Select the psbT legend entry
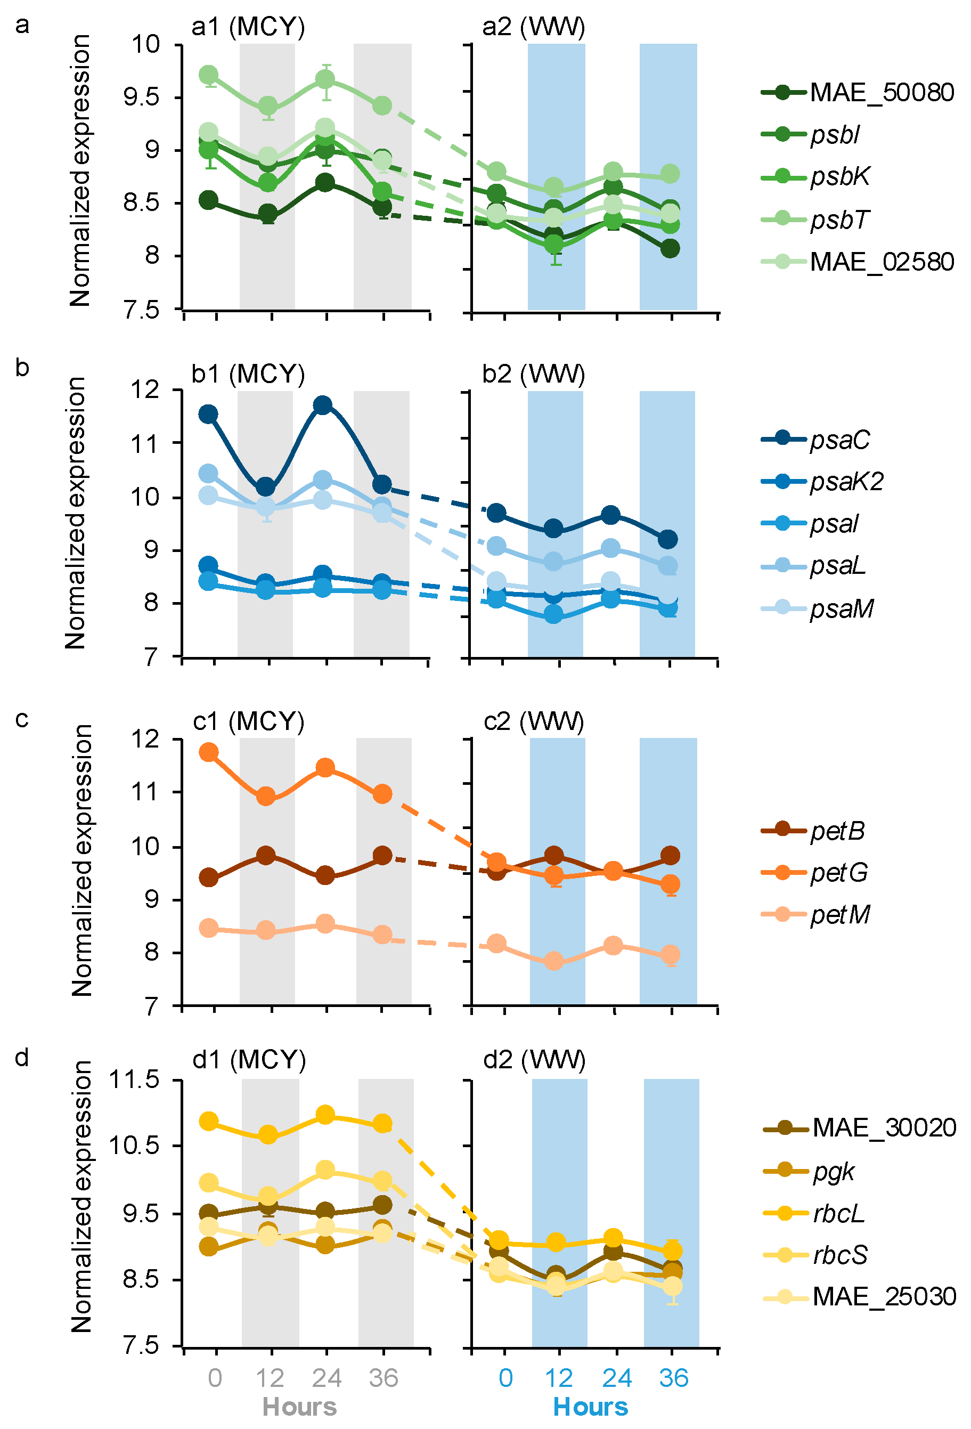coord(839,220)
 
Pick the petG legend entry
coord(839,873)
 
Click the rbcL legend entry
coord(839,1214)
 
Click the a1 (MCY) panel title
coord(248,27)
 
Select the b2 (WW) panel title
coord(533,374)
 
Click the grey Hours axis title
coord(299,1407)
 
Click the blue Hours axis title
coord(591,1407)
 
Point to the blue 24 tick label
coord(616,1378)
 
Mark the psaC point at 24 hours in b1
coord(323,404)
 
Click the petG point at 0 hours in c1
coord(209,752)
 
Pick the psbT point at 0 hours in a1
coord(209,75)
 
